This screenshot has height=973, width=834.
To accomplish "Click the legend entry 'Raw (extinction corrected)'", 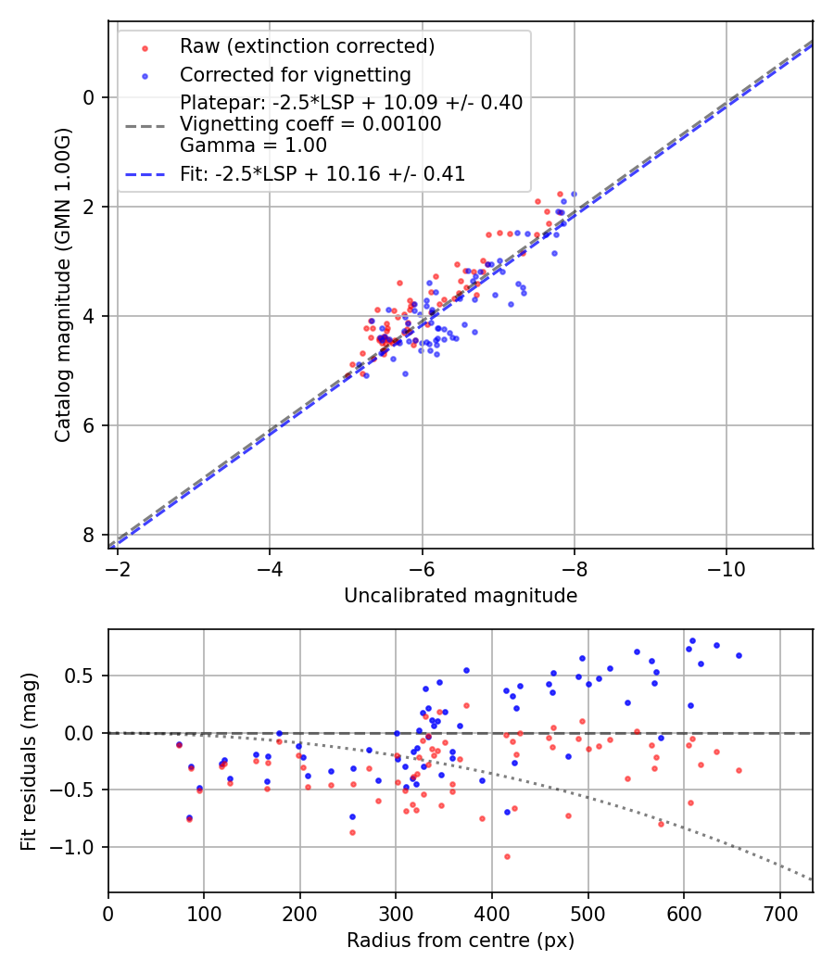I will click(x=307, y=46).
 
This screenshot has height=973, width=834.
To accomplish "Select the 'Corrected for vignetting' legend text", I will click(x=296, y=74).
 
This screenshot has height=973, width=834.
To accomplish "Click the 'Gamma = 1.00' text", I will click(x=253, y=145).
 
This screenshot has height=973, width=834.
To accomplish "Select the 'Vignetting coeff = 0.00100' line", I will click(x=310, y=124).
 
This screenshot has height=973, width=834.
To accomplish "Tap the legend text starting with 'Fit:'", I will click(x=322, y=173).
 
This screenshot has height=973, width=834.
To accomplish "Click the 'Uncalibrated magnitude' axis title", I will click(x=461, y=596).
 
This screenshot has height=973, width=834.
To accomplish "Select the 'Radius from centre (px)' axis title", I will click(x=461, y=941).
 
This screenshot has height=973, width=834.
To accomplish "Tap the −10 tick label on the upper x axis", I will click(x=726, y=566).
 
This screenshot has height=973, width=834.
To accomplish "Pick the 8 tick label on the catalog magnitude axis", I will click(x=89, y=535).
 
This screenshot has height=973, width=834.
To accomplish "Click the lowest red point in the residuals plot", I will click(x=507, y=856).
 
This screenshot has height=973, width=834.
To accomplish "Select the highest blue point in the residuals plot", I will click(x=692, y=640).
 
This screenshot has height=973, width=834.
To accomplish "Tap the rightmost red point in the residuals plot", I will click(x=739, y=770).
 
